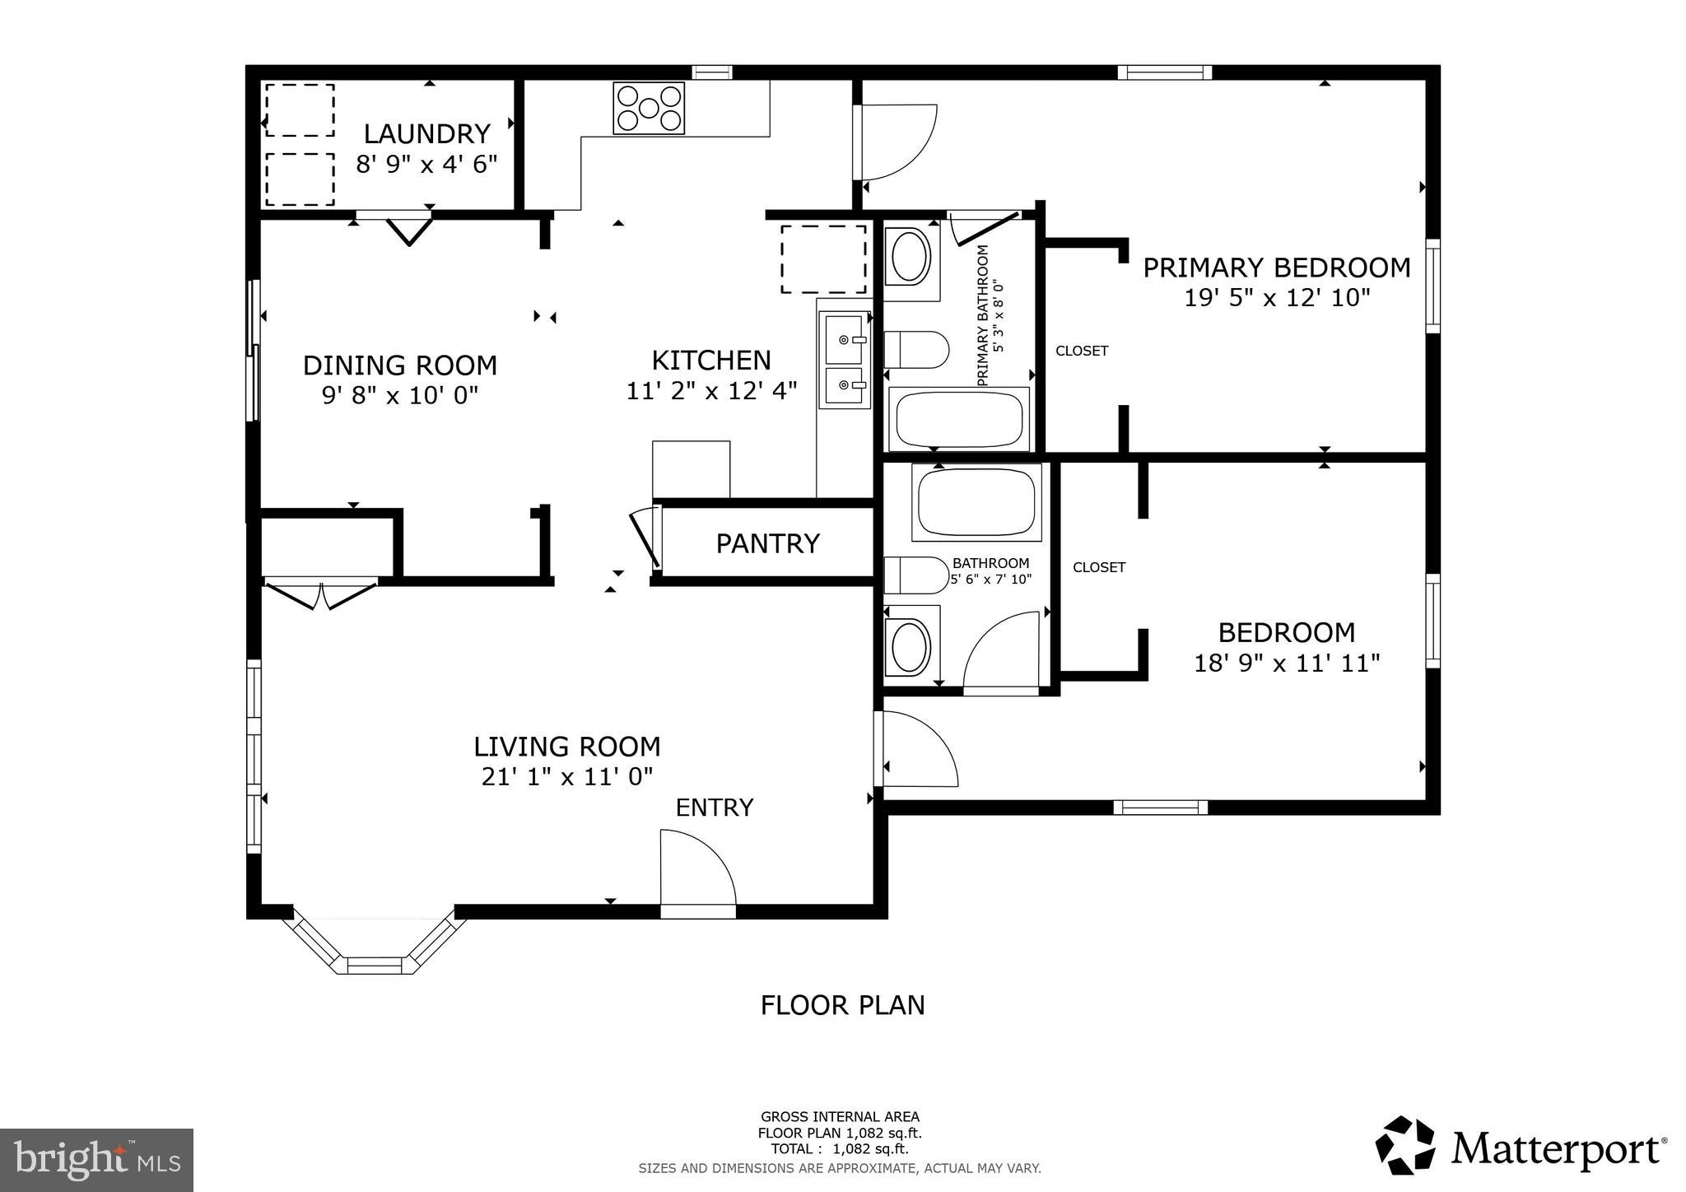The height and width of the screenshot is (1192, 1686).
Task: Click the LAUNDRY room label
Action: click(x=426, y=133)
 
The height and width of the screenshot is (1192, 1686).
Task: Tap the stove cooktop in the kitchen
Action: click(x=649, y=108)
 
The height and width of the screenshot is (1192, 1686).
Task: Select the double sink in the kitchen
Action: click(x=844, y=360)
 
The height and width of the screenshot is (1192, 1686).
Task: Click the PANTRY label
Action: click(x=767, y=544)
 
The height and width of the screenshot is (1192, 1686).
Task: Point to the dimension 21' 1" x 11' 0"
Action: click(x=567, y=776)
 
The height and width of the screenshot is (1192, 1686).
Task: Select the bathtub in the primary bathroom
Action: click(x=959, y=419)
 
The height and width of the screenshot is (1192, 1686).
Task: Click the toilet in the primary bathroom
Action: click(x=916, y=350)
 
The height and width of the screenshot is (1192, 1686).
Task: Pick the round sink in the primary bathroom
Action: click(x=911, y=258)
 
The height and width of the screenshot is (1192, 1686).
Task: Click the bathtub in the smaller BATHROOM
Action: click(x=976, y=501)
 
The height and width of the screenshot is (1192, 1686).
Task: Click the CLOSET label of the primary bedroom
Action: click(x=1082, y=351)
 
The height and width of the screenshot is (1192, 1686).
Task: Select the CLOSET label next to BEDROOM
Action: click(x=1099, y=567)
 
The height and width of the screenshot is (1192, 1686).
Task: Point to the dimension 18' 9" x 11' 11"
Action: click(x=1287, y=663)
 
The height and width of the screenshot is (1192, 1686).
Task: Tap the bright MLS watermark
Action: click(x=96, y=1160)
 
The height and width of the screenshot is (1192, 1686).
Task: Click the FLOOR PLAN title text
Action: click(x=842, y=1005)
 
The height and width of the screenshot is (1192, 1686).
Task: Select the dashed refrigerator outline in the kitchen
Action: click(x=823, y=258)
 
